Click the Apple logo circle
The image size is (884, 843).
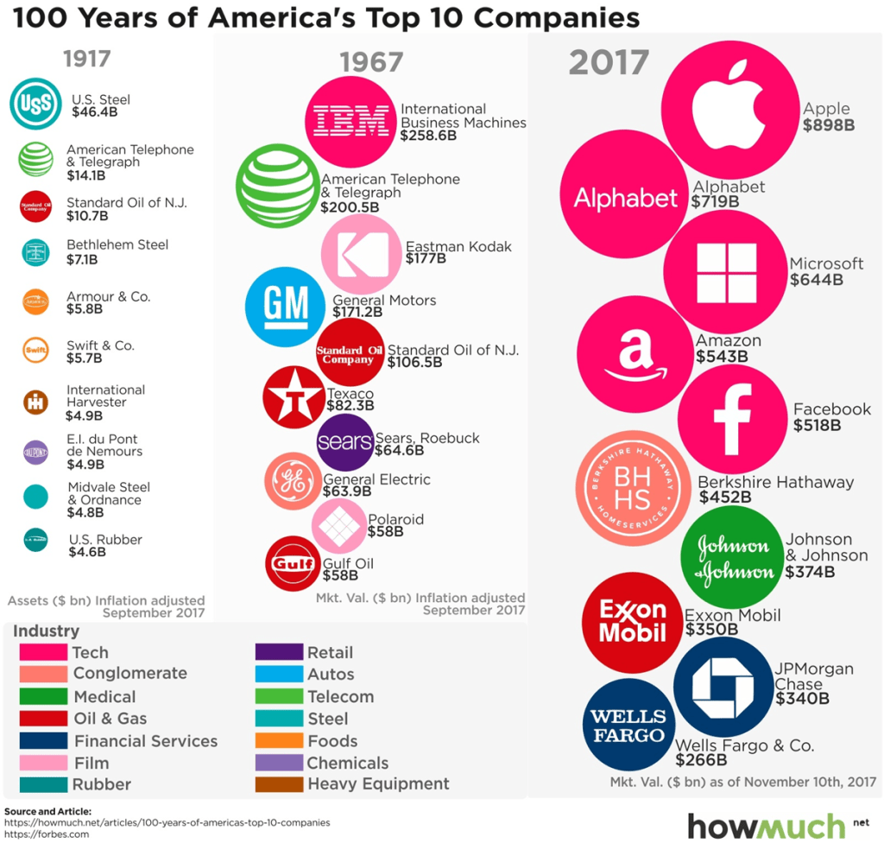click(729, 105)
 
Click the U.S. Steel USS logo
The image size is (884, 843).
click(35, 105)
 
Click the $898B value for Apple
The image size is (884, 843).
click(828, 125)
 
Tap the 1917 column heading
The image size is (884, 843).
click(86, 60)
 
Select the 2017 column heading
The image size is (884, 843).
click(608, 62)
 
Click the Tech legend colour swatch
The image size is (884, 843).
click(43, 652)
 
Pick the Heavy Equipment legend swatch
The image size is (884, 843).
click(278, 784)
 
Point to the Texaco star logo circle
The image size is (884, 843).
click(294, 397)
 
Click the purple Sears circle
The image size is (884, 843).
click(345, 442)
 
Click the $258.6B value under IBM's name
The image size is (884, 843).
click(428, 136)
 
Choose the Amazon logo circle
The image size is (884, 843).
click(635, 354)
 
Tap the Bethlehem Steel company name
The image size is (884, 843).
click(117, 244)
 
